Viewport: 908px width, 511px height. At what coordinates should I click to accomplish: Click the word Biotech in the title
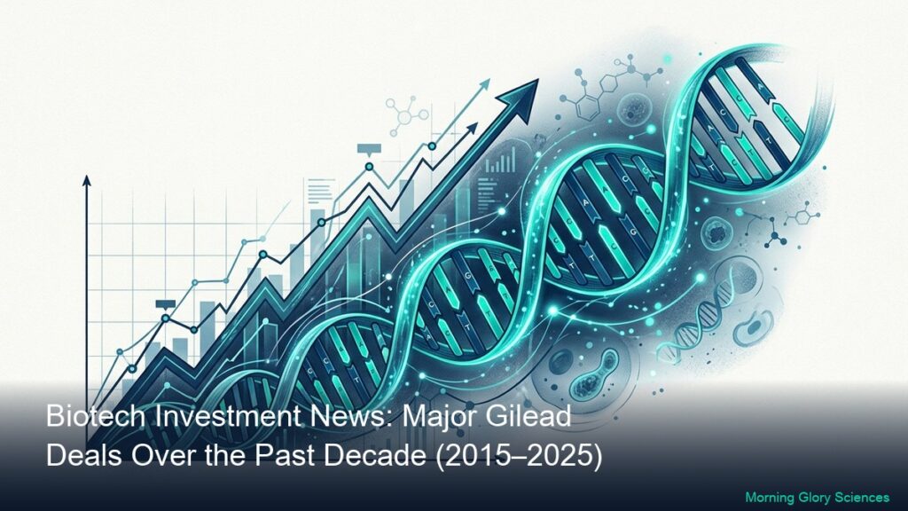pyautogui.click(x=96, y=417)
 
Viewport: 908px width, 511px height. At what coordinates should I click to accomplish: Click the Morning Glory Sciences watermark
pyautogui.click(x=817, y=497)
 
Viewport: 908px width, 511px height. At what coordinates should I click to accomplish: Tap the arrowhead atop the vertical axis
pyautogui.click(x=87, y=180)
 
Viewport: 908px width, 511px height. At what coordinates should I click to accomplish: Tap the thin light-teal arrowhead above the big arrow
pyautogui.click(x=483, y=84)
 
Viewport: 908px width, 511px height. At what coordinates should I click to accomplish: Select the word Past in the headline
pyautogui.click(x=286, y=456)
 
